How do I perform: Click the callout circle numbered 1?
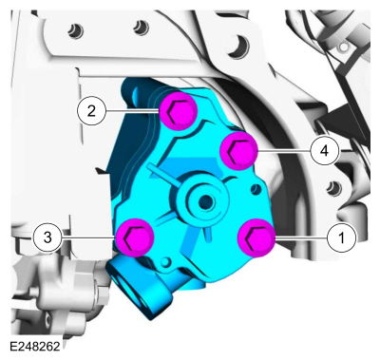click(x=341, y=237)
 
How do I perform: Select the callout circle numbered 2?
click(x=91, y=111)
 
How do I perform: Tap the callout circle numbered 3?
click(x=47, y=237)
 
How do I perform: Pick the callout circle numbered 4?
click(x=324, y=151)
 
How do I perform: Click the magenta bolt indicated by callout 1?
click(x=256, y=237)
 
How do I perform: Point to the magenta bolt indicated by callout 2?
click(x=179, y=111)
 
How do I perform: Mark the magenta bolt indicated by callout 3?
click(x=135, y=237)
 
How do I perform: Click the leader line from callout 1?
click(x=301, y=237)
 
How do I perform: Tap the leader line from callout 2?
click(x=132, y=111)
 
